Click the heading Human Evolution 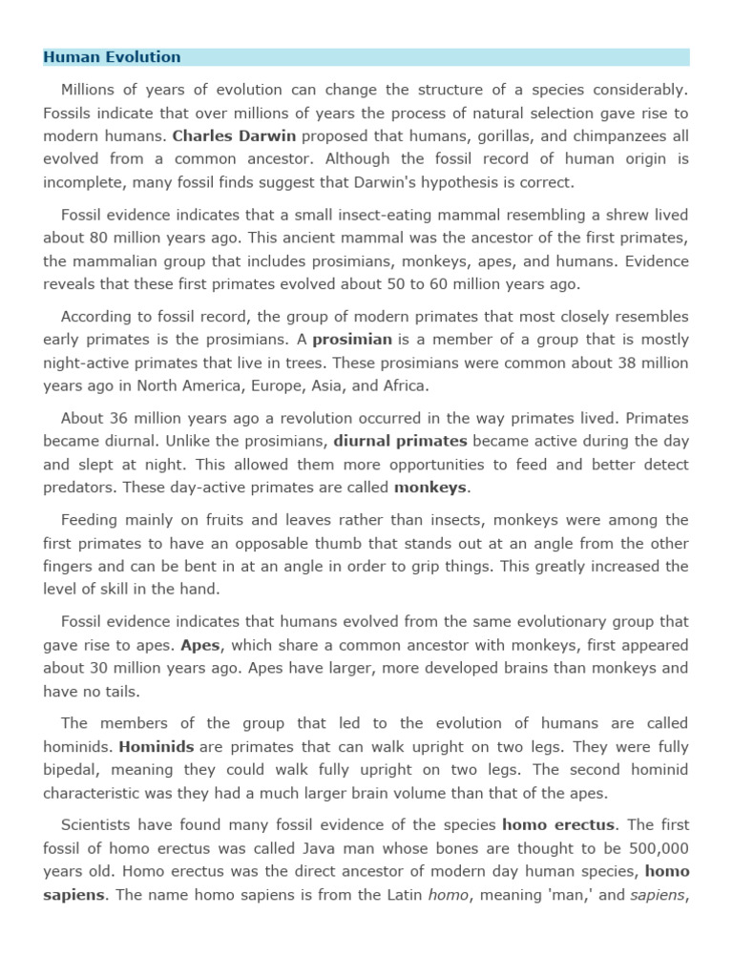[x=112, y=57]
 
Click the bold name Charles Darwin [x=235, y=135]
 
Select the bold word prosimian [x=352, y=340]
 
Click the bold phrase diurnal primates [x=401, y=441]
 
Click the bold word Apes [x=201, y=645]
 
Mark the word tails [x=118, y=691]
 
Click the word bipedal [x=71, y=769]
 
